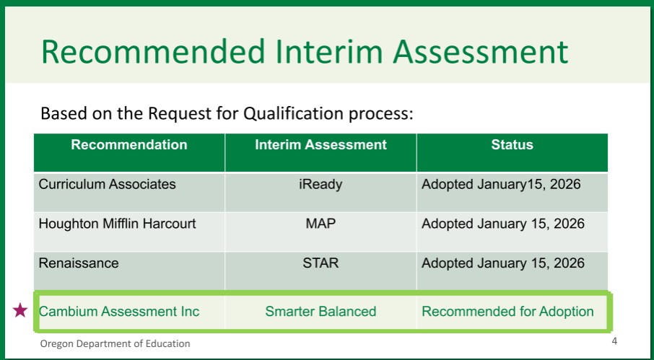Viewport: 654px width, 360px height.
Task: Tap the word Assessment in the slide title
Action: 481,52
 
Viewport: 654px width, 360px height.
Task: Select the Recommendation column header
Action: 129,144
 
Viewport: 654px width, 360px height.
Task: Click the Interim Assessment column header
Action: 321,144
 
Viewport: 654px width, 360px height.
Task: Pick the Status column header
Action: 513,144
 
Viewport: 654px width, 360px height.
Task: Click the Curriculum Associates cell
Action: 107,184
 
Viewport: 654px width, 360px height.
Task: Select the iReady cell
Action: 321,185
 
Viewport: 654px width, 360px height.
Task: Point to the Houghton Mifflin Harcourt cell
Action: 117,224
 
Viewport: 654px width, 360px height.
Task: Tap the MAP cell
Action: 321,224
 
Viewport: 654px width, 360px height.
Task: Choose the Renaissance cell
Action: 79,263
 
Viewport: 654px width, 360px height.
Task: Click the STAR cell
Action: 321,263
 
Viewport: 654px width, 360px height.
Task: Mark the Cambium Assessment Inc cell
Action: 119,311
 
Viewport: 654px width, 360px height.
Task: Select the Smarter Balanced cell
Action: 321,311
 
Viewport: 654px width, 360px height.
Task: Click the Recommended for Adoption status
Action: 507,312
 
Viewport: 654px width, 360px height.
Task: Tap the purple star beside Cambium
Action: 20,310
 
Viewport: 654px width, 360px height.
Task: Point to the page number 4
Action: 614,341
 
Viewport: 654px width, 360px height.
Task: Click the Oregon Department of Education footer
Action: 115,343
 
